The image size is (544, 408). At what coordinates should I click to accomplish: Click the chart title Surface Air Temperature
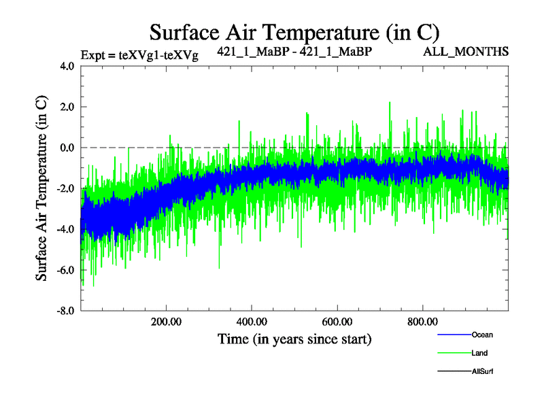pyautogui.click(x=294, y=32)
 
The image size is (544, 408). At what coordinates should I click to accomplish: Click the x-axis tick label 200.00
pyautogui.click(x=166, y=322)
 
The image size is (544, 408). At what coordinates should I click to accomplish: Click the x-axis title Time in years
pyautogui.click(x=294, y=338)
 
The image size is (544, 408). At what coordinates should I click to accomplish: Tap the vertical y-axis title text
pyautogui.click(x=41, y=188)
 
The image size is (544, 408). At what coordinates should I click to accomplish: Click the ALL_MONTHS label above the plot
pyautogui.click(x=476, y=51)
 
